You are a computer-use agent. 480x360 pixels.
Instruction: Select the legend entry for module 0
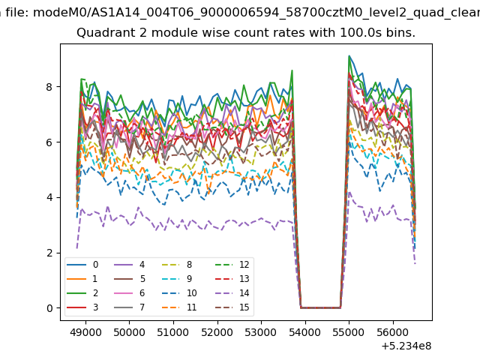point(83,265)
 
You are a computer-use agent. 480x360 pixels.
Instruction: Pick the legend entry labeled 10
point(178,293)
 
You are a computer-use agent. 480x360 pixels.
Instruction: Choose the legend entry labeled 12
point(232,265)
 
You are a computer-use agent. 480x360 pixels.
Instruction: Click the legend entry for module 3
point(83,307)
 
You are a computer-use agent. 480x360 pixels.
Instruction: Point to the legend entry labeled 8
point(176,265)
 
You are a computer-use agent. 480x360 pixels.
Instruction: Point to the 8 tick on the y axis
point(49,87)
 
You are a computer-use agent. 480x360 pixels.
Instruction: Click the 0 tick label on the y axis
point(49,308)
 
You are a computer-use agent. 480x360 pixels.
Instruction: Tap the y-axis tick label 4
point(49,198)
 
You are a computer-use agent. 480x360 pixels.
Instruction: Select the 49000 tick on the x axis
point(85,332)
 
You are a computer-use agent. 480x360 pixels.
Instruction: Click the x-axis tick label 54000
point(305,332)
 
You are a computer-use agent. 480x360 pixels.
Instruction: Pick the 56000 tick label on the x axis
point(393,332)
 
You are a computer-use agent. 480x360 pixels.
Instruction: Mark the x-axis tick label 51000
point(173,332)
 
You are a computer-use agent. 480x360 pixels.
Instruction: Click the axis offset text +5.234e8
point(406,346)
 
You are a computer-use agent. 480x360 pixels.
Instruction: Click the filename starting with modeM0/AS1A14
point(256,13)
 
